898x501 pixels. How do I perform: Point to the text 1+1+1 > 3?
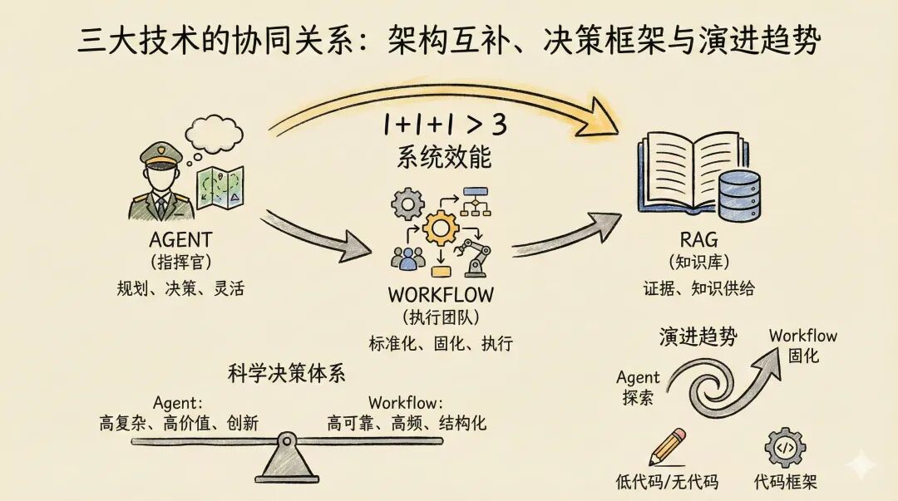point(446,125)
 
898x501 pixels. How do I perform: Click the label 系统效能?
point(446,158)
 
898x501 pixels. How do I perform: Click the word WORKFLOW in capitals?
point(441,295)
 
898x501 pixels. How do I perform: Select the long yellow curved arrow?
point(441,96)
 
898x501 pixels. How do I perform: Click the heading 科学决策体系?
point(286,373)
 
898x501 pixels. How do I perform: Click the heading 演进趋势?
point(698,336)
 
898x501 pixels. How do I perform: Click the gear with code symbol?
point(785,449)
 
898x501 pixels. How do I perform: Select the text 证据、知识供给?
point(698,288)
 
